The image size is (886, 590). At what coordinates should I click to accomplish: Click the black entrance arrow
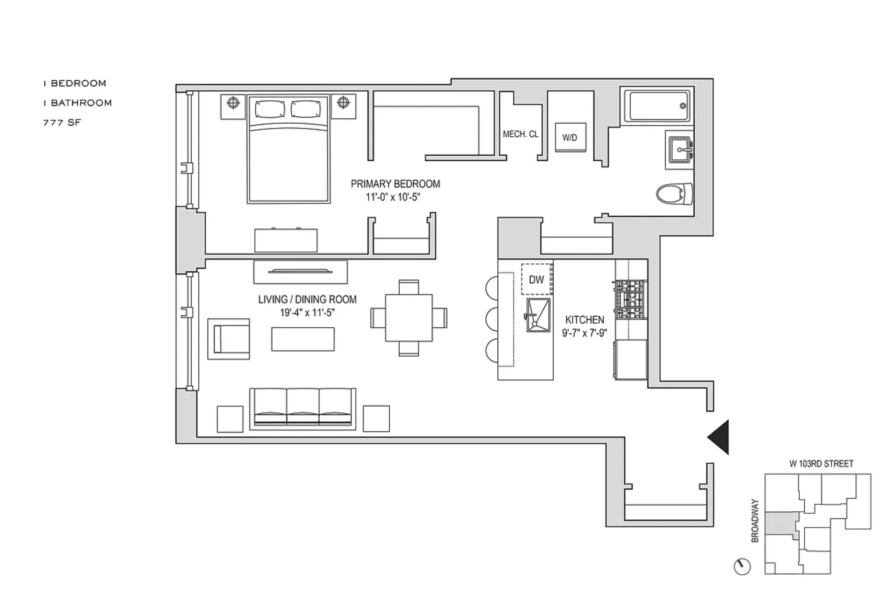(720, 437)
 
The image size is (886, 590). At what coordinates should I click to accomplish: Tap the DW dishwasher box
(536, 279)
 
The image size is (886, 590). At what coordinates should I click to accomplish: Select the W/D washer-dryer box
(570, 137)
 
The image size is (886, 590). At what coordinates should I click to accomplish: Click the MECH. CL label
(520, 134)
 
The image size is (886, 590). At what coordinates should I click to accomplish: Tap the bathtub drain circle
(683, 106)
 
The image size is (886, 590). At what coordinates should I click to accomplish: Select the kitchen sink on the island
(538, 315)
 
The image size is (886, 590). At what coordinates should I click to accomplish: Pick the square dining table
(409, 318)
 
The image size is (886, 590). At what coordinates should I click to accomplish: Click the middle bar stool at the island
(492, 319)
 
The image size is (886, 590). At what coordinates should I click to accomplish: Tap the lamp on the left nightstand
(233, 102)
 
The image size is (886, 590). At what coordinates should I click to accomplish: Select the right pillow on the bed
(306, 109)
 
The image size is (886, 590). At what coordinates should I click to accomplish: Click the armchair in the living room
(229, 339)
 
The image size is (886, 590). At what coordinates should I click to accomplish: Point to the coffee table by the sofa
(303, 339)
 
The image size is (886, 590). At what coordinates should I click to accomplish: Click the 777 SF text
(62, 123)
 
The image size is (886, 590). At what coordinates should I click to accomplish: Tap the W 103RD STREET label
(821, 464)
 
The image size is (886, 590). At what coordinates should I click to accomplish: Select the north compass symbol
(742, 566)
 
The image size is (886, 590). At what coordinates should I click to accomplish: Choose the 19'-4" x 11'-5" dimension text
(307, 313)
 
